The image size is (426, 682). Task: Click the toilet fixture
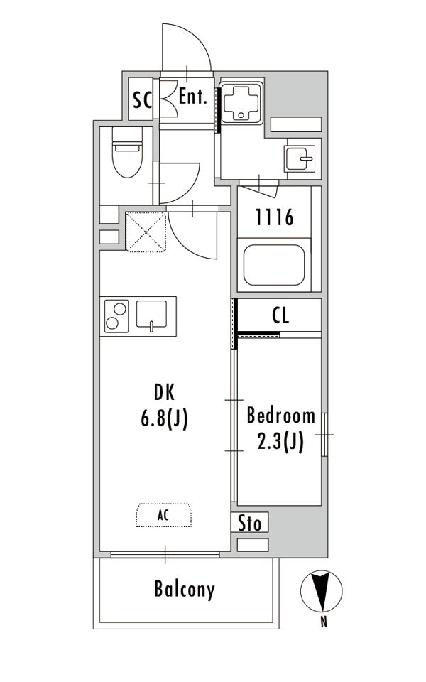(127, 152)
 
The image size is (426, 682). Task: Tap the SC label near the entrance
(143, 100)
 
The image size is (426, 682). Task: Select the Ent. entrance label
(193, 96)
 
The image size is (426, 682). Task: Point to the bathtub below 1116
(274, 265)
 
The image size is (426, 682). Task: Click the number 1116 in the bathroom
(274, 217)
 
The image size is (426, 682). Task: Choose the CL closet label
(280, 315)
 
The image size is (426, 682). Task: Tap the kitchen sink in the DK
(151, 315)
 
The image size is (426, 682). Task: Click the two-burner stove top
(116, 316)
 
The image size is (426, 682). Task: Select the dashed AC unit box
(164, 516)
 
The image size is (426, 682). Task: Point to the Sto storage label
(249, 523)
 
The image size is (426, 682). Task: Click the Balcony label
(185, 590)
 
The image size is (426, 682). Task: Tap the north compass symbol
(322, 590)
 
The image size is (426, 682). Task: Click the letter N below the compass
(324, 622)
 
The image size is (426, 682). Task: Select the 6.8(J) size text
(164, 420)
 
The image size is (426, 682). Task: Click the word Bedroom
(281, 416)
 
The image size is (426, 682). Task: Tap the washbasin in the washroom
(299, 158)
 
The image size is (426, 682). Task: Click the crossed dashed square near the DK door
(146, 232)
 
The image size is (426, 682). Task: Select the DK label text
(164, 392)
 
